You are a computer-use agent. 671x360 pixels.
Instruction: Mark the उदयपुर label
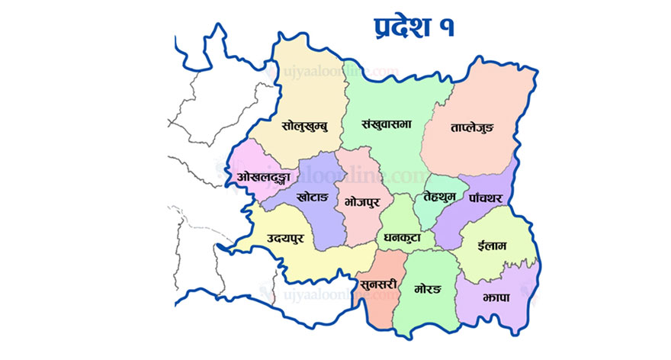[286, 239]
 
